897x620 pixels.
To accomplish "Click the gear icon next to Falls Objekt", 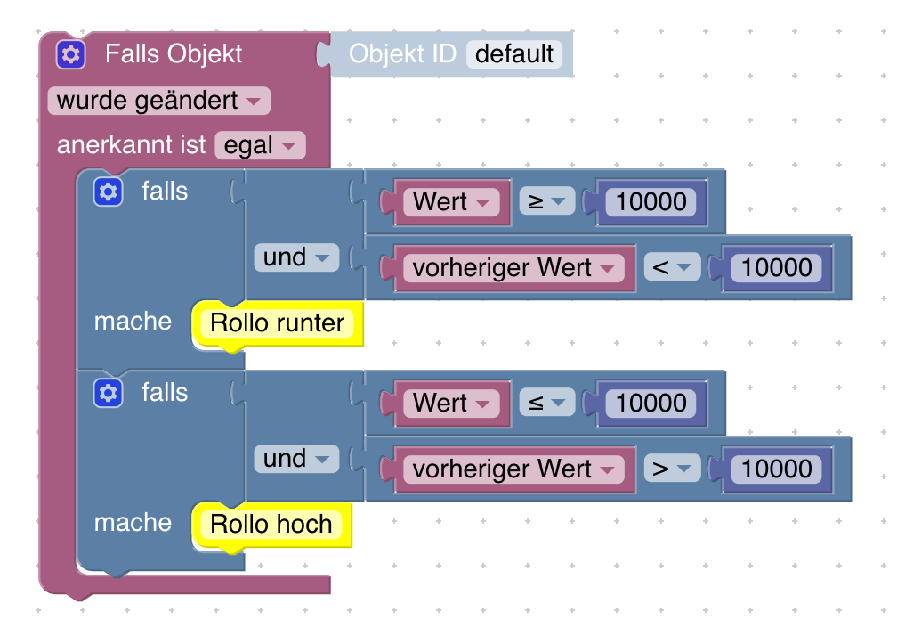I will (70, 55).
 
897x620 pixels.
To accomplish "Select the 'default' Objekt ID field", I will (514, 54).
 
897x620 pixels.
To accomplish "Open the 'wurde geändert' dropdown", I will (158, 101).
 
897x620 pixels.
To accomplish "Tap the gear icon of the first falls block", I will (108, 192).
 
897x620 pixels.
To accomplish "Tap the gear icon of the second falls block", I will (108, 393).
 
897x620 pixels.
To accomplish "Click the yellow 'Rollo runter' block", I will (278, 322).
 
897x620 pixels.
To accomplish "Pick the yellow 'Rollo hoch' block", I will (271, 524).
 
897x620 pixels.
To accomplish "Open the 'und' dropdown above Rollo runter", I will (296, 258).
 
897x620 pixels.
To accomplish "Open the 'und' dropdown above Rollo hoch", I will (296, 460).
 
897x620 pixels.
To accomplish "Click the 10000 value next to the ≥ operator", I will (651, 202).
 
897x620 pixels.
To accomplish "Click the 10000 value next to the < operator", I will (777, 268).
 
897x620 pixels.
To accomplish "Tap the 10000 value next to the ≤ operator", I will (651, 404).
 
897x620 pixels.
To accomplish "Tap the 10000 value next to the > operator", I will (777, 469).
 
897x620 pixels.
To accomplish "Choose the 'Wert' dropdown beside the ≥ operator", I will (451, 202).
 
